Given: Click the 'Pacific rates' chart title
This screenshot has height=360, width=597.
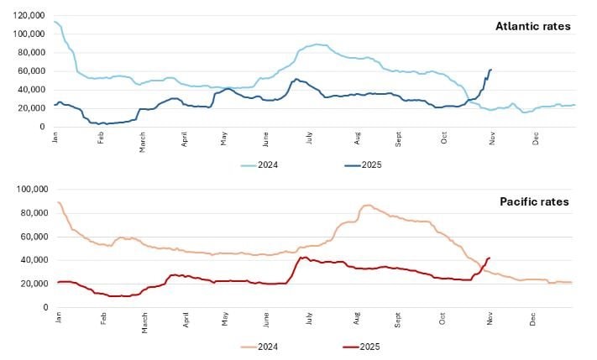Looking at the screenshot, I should tap(536, 201).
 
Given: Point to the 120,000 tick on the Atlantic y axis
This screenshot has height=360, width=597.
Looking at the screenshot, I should tap(29, 15).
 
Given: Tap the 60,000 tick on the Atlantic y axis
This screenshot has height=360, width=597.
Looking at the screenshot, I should tap(32, 71).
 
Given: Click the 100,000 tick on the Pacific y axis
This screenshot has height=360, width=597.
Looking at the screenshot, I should tap(29, 190).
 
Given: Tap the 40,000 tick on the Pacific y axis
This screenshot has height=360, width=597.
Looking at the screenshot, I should tap(32, 260).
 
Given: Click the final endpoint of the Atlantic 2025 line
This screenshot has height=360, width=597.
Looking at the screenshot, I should tap(491, 70).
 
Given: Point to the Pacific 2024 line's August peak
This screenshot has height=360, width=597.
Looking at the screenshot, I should tap(365, 205).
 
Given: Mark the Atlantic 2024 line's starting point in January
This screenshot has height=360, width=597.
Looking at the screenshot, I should tap(55, 21).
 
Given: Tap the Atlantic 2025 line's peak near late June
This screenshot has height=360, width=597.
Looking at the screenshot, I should tap(296, 79).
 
